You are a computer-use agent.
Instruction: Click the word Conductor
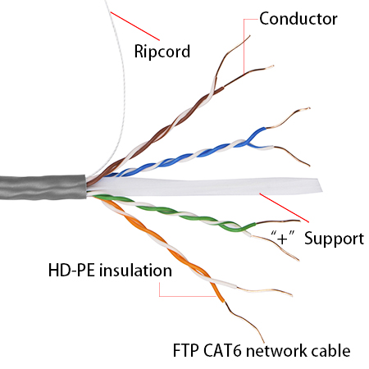(298, 19)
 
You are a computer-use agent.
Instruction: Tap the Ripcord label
(162, 51)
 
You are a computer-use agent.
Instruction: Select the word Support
(334, 239)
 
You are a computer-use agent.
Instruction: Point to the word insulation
(135, 271)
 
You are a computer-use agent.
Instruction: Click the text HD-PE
(71, 271)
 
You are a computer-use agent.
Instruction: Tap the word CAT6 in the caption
(222, 350)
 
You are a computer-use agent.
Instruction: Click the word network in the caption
(276, 350)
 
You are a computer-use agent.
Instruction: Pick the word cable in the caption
(330, 350)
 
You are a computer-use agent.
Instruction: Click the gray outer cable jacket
(43, 187)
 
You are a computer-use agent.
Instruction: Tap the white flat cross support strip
(205, 186)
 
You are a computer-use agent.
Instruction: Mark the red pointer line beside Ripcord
(134, 26)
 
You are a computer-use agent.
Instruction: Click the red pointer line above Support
(285, 207)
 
